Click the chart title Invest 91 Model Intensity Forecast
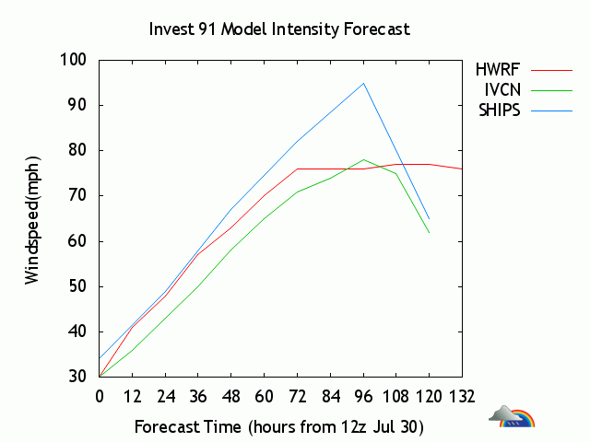pyautogui.click(x=279, y=29)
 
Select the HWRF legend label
pyautogui.click(x=498, y=70)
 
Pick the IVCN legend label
pyautogui.click(x=502, y=90)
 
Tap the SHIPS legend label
pyautogui.click(x=500, y=110)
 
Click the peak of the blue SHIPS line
pyautogui.click(x=363, y=83)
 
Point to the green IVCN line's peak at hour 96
pyautogui.click(x=363, y=159)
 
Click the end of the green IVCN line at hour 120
pyautogui.click(x=430, y=233)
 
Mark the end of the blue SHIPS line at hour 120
pyautogui.click(x=430, y=219)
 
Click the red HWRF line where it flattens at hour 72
pyautogui.click(x=297, y=169)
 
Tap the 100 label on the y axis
pyautogui.click(x=74, y=59)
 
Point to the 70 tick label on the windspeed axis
pyautogui.click(x=77, y=196)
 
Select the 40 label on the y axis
pyautogui.click(x=77, y=331)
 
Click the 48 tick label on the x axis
pyautogui.click(x=231, y=397)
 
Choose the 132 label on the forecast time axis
pyautogui.click(x=462, y=397)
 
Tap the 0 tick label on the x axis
pyautogui.click(x=100, y=397)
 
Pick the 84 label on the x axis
pyautogui.click(x=331, y=397)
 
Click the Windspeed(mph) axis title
pyautogui.click(x=32, y=220)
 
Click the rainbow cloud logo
pyautogui.click(x=512, y=416)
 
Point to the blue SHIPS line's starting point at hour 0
pyautogui.click(x=100, y=358)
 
